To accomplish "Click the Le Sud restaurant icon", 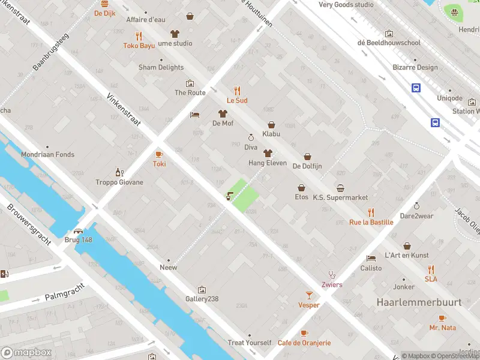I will pos(237,91).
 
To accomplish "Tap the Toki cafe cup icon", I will pos(159,154).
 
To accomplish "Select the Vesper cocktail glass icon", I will pos(309,295).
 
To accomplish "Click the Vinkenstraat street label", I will pos(123,109).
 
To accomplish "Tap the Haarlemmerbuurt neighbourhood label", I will pos(419,302).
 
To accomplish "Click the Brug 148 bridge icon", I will pos(78,230).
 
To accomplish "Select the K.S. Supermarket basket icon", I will pos(340,188).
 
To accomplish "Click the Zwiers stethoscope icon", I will pos(332,275).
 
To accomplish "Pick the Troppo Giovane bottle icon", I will pos(119,172).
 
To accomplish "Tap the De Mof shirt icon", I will pos(223,113).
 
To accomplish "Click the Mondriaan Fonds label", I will pos(48,154).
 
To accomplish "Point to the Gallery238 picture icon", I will pos(201,289).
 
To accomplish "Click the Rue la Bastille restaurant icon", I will pos(371,212).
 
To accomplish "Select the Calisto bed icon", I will pos(371,258).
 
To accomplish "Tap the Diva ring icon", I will pos(251,137).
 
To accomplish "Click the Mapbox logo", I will pos(26,352).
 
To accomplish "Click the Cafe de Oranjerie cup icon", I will pos(304,333).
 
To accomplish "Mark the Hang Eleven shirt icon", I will pos(268,153).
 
